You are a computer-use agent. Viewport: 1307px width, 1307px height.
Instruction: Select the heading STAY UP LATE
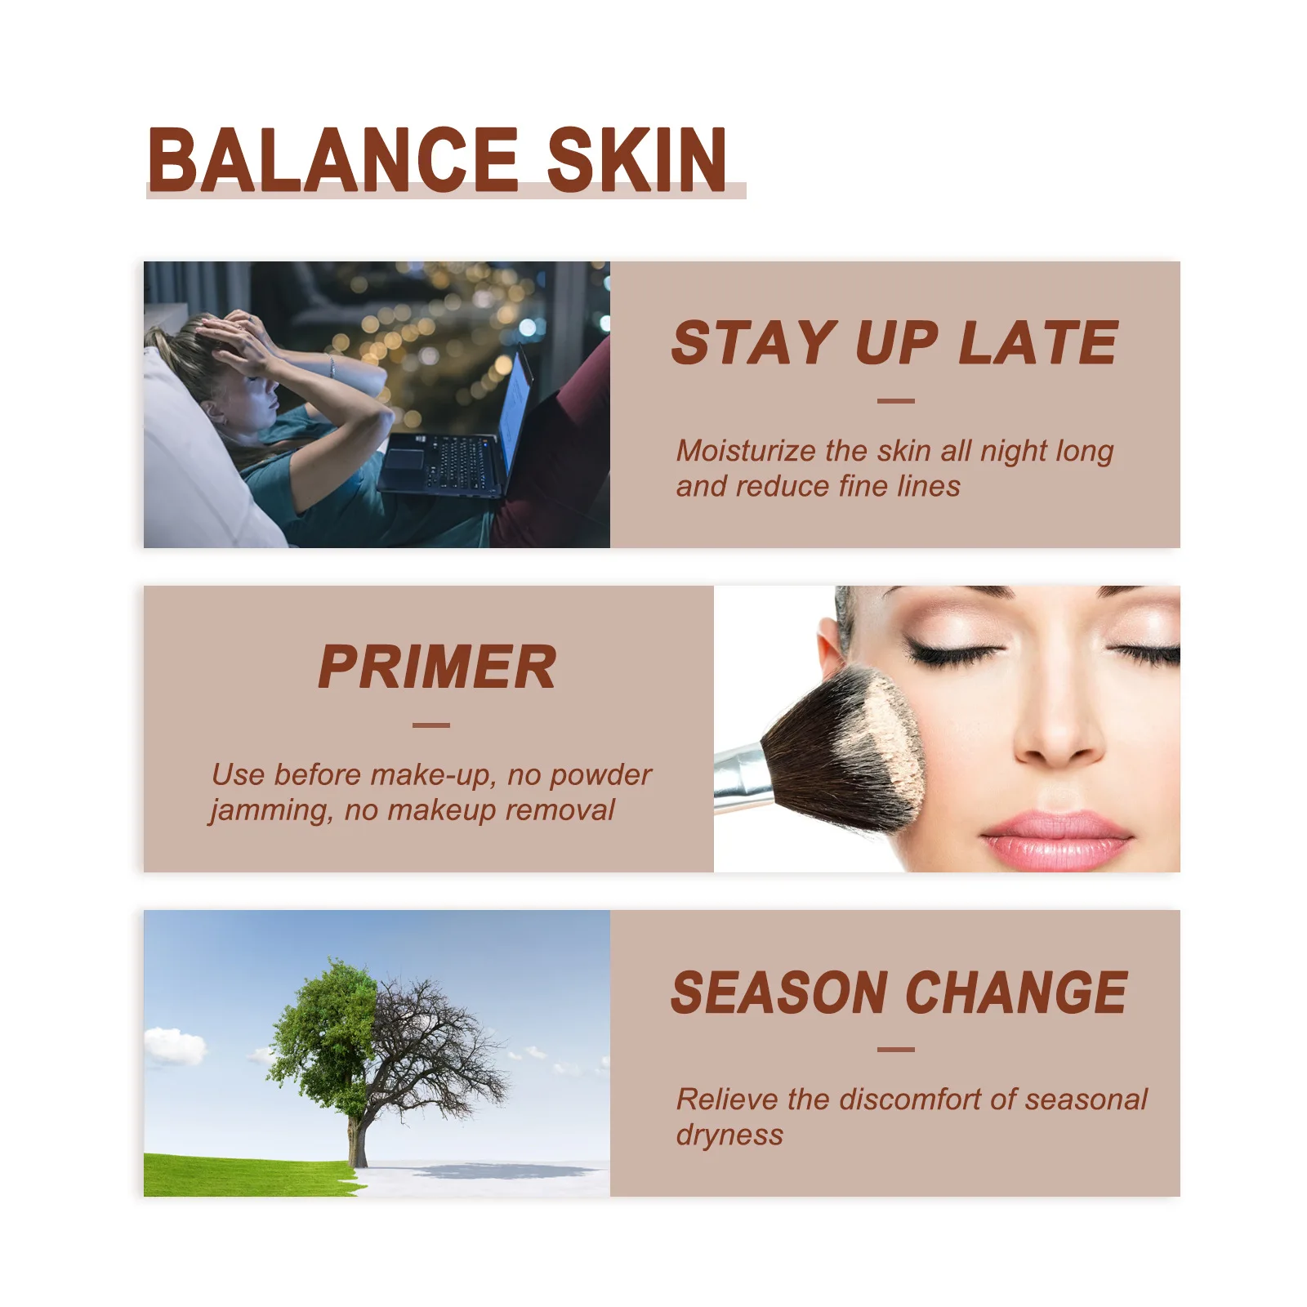pos(894,342)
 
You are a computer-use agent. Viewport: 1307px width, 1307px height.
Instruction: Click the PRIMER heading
pos(437,667)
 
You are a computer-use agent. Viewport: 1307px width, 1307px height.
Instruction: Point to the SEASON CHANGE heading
pos(899,993)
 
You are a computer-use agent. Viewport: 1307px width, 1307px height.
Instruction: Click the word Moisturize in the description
pos(746,450)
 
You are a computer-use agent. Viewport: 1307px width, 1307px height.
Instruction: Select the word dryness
pos(729,1135)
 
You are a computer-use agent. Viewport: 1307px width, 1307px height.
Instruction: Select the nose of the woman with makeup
pos(1059,719)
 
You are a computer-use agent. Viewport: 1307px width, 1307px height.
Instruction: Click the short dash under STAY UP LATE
pos(895,401)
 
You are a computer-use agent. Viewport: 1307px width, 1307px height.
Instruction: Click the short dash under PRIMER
pos(431,725)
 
